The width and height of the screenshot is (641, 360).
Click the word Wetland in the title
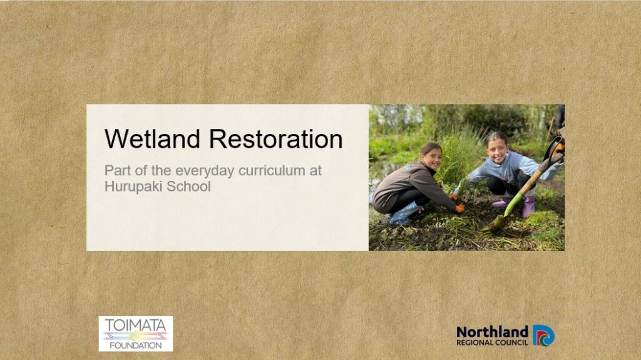point(153,139)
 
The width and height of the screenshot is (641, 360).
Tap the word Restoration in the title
point(276,139)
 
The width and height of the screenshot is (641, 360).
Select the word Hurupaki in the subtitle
point(130,187)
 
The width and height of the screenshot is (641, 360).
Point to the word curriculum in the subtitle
point(272,170)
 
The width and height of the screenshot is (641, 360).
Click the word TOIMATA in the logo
point(136,326)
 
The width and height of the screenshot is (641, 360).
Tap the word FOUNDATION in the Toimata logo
point(136,345)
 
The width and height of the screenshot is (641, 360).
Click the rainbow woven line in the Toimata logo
point(136,336)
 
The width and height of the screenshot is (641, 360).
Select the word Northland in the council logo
point(492,332)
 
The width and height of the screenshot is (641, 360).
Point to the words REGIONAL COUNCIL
point(492,342)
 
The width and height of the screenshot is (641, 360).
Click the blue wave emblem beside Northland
point(543,336)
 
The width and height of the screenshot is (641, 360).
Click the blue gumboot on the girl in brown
point(404,214)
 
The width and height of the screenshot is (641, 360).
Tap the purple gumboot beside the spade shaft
point(529,207)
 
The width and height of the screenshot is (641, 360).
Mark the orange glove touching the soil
point(460,208)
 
